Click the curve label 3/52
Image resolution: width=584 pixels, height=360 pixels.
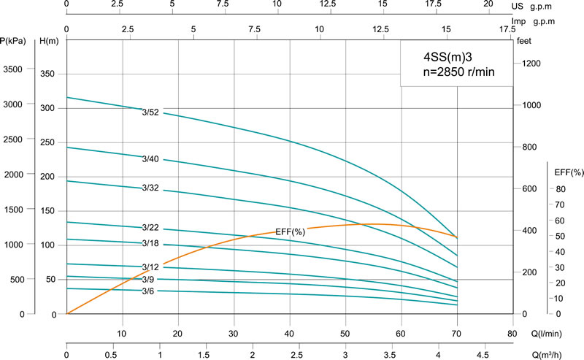[150, 112]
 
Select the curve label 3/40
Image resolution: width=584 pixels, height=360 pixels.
[150, 159]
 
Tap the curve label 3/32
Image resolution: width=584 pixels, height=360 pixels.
[150, 188]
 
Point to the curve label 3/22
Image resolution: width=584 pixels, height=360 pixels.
[150, 228]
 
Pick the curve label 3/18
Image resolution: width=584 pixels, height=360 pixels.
[150, 243]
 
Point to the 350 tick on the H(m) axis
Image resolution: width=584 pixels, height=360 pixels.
[47, 74]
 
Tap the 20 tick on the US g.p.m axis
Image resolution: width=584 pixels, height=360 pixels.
[488, 4]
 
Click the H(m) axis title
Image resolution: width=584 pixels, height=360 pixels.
[48, 41]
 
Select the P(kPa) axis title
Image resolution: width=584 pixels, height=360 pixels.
[15, 41]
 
